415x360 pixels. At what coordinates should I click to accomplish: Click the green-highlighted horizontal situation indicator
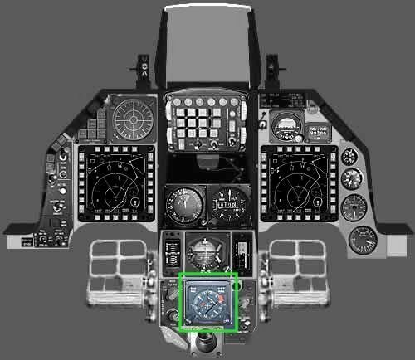[209, 302]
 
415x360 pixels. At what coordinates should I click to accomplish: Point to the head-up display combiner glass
[207, 46]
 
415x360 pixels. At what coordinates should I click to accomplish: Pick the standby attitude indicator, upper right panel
[286, 126]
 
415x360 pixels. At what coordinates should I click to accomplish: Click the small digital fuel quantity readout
[318, 132]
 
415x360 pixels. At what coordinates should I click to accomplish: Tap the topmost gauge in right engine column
[349, 154]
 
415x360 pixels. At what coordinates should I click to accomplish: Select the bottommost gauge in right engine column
[362, 240]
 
